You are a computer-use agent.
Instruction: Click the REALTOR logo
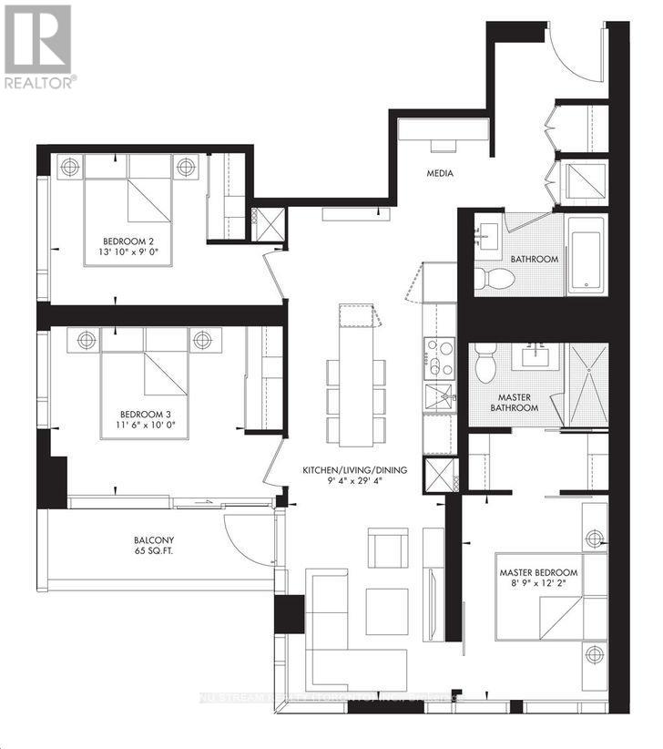37,46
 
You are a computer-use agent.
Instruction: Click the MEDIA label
441,173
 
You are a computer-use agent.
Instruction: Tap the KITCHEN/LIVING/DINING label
354,470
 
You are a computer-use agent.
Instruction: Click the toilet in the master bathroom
485,366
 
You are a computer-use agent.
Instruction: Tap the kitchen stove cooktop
439,357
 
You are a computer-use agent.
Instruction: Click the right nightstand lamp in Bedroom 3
201,340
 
